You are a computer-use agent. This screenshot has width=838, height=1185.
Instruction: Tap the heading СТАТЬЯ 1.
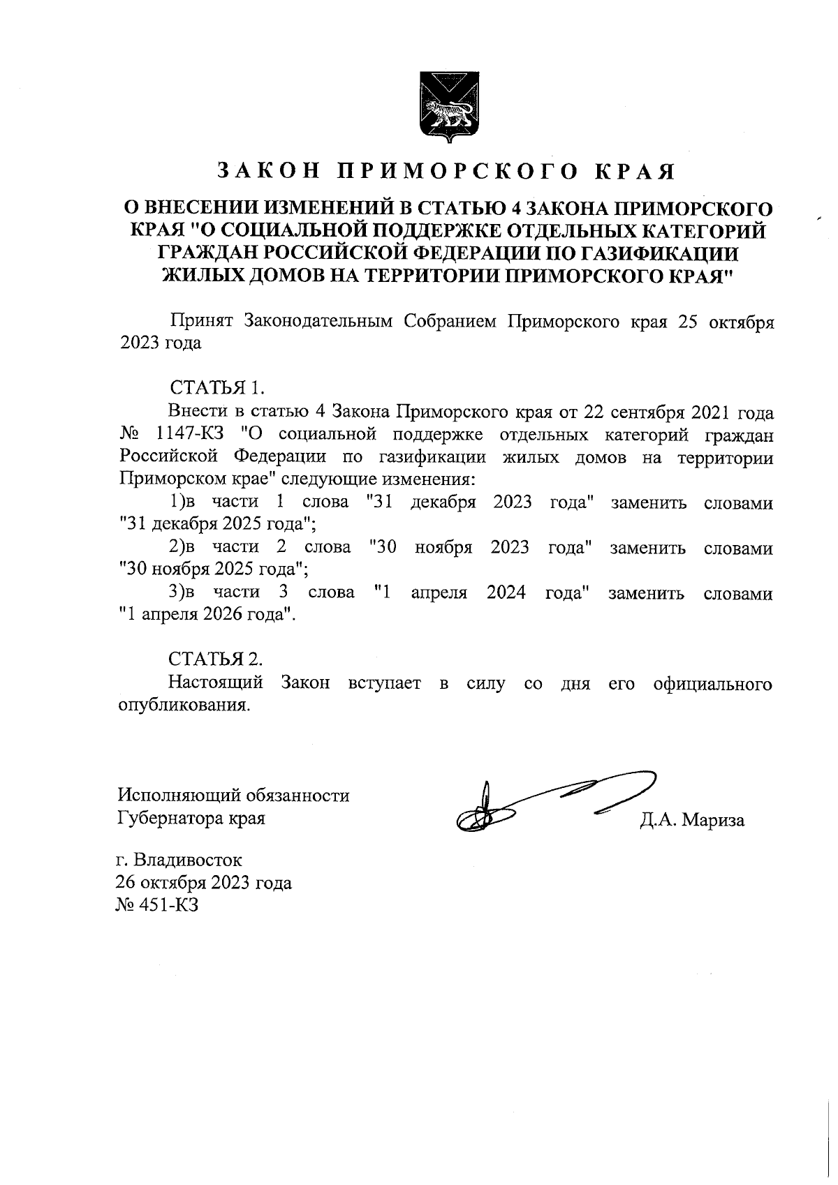[217, 387]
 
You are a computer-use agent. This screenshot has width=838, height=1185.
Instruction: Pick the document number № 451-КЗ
[159, 905]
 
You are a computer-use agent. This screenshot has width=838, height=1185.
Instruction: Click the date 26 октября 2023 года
[204, 883]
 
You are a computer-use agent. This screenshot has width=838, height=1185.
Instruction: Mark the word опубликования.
[184, 706]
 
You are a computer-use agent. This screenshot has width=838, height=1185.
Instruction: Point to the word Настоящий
[216, 683]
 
